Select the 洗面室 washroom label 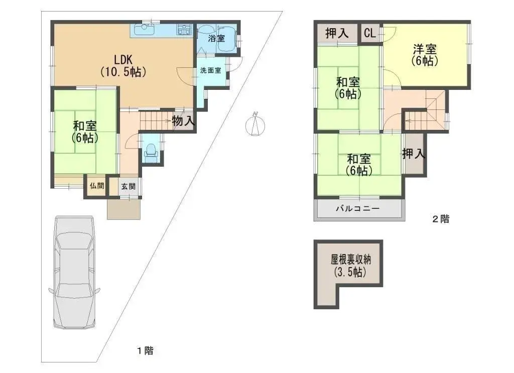point(210,71)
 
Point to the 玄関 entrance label point(127,186)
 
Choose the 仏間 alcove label point(97,186)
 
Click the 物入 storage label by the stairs point(183,121)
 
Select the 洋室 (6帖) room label point(425,55)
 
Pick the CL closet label point(370,34)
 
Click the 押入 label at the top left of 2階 point(337,34)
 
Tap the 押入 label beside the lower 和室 point(414,154)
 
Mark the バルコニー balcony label point(357,209)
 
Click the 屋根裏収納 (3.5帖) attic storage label point(348,267)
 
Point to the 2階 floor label point(441,219)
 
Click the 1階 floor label point(145,351)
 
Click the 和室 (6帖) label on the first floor point(85,131)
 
